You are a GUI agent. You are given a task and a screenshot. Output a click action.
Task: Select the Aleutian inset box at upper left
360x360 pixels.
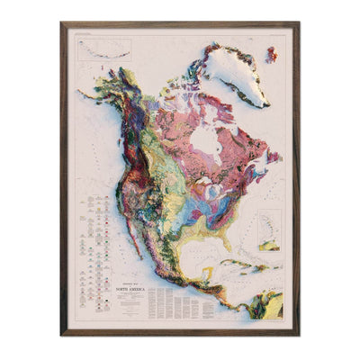102,49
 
